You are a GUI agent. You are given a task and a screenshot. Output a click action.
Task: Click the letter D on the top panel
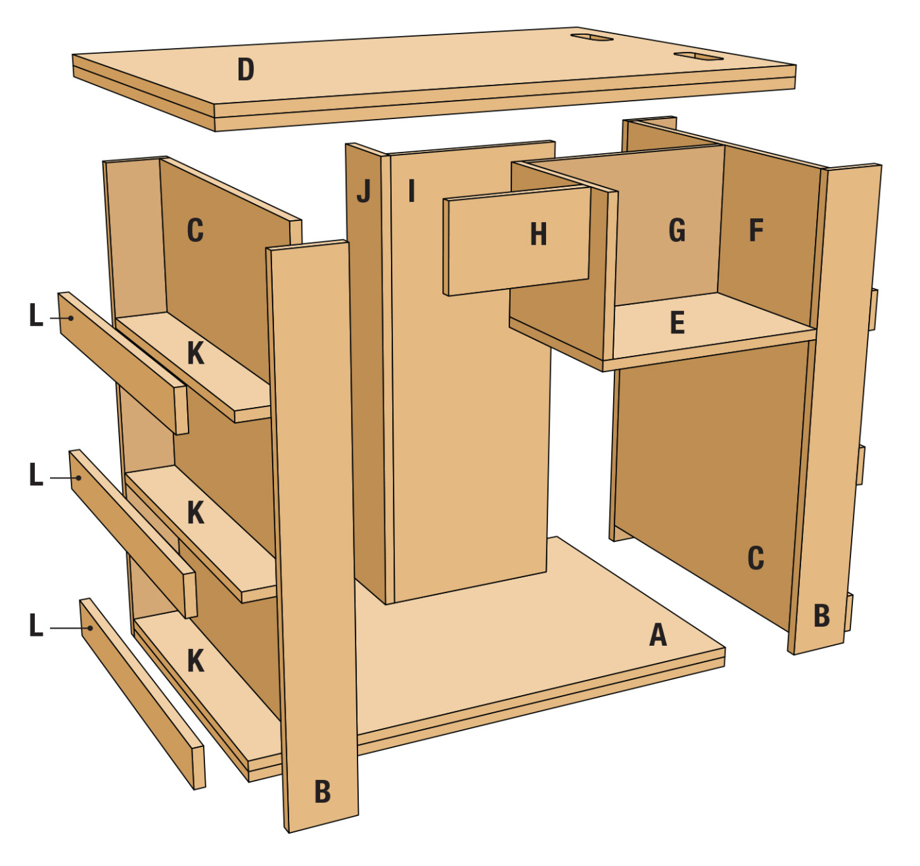[x=246, y=70]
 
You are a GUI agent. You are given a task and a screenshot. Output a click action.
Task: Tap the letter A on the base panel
[x=658, y=635]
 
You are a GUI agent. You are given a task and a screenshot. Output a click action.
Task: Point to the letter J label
[x=364, y=191]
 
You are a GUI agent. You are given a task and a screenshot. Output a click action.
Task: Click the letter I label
[x=411, y=191]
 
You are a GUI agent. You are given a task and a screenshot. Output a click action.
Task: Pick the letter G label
[x=677, y=230]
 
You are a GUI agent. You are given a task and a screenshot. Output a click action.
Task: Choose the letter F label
[x=756, y=230]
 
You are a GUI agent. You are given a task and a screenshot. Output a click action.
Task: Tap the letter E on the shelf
[x=678, y=322]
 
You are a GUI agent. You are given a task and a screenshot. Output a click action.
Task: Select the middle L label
[x=35, y=475]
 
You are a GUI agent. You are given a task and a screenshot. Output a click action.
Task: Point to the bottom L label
[x=35, y=625]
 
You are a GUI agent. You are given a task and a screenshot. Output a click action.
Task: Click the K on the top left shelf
[x=195, y=354]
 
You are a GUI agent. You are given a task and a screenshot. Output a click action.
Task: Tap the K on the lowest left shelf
[x=195, y=661]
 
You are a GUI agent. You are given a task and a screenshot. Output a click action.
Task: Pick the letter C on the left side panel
[x=195, y=230]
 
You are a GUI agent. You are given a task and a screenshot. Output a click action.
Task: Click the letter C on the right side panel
[x=756, y=558]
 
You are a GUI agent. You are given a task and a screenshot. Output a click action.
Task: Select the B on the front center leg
[x=323, y=791]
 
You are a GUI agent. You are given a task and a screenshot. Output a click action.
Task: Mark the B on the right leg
[x=821, y=616]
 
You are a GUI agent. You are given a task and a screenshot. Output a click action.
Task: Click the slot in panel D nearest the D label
[x=591, y=37]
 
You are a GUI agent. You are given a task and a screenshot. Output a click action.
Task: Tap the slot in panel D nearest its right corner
[x=698, y=56]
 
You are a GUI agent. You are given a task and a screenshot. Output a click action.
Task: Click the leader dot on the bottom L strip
[x=91, y=628]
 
